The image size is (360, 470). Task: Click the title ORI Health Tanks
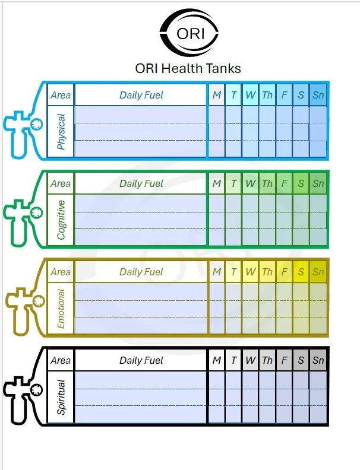[x=188, y=68]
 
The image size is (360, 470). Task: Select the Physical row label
[x=61, y=132]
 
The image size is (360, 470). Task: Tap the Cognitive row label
[x=61, y=219]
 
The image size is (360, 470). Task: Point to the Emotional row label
[x=61, y=309]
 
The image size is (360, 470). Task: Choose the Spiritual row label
[x=61, y=396]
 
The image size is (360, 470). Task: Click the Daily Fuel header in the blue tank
[x=141, y=95]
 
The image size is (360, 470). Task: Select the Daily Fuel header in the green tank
[x=141, y=183]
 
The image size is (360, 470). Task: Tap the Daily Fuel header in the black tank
[x=141, y=360]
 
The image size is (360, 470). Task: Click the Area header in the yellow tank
[x=61, y=272]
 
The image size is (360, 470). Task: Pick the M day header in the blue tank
[x=217, y=95]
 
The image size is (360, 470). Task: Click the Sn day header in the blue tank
[x=318, y=95]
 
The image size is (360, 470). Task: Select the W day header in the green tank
[x=251, y=183]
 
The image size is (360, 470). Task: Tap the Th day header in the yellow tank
[x=267, y=272]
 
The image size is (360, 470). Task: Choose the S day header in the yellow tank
[x=301, y=272]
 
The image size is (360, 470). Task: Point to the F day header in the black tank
[x=285, y=360]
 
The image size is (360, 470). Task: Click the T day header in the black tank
[x=233, y=360]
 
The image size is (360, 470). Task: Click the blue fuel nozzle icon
[x=24, y=124]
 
